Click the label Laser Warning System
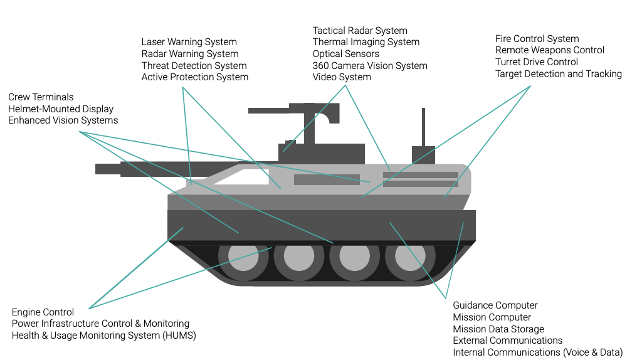(x=189, y=42)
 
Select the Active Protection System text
(x=194, y=77)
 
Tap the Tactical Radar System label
(x=360, y=30)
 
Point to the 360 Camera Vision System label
(x=370, y=65)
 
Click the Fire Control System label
(x=537, y=39)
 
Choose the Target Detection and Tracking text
(x=558, y=74)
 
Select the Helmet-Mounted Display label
(x=61, y=109)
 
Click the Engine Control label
(x=43, y=312)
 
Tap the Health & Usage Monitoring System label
(x=103, y=336)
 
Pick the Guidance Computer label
(x=495, y=305)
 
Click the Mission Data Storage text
(x=498, y=329)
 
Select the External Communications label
(x=507, y=341)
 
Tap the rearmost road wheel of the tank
(x=409, y=257)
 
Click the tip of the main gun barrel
(x=99, y=169)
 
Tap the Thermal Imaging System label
(x=366, y=42)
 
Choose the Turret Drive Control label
(x=536, y=62)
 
